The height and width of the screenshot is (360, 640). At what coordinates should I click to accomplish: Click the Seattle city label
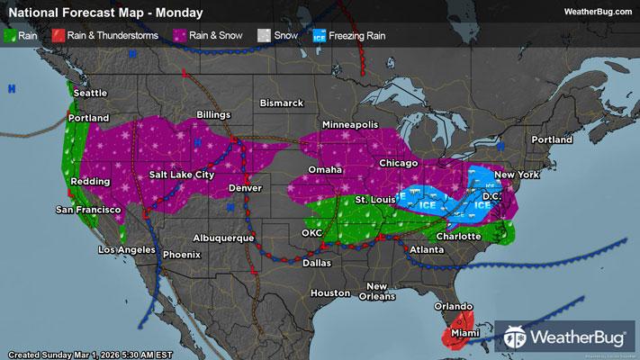[90, 92]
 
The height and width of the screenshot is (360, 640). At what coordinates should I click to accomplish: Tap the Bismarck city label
[283, 103]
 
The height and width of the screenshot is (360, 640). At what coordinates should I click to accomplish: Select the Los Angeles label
[124, 249]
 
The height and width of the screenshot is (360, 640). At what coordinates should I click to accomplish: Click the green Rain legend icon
[11, 36]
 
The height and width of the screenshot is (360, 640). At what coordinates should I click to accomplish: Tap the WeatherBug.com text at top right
[596, 12]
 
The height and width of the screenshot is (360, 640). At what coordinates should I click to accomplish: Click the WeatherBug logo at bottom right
[565, 337]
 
